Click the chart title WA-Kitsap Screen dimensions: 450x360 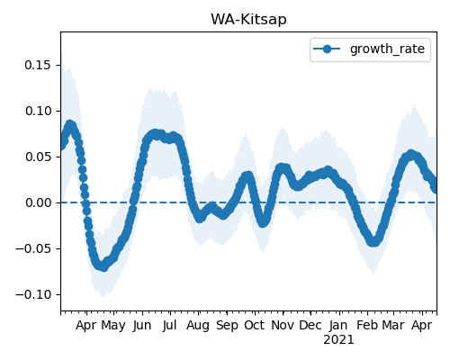point(248,20)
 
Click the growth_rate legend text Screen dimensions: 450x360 point(387,49)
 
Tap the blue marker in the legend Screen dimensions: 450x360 point(327,49)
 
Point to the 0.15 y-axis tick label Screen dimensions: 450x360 point(38,65)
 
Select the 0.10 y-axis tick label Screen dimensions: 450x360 point(38,111)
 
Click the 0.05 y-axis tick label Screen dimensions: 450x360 point(38,157)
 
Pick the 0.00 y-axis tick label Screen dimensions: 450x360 point(38,202)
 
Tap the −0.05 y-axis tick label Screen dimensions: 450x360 point(33,248)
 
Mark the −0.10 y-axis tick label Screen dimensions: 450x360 point(33,294)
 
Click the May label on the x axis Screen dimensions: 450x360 point(113,326)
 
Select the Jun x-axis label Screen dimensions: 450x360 point(142,326)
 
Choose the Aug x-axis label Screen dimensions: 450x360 point(198,326)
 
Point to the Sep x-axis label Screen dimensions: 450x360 point(227,326)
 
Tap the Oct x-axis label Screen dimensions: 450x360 point(255,326)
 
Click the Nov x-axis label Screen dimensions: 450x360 point(283,326)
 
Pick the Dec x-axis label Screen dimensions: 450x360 point(310,326)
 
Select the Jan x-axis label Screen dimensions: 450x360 point(338,326)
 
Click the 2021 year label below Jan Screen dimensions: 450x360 point(338,340)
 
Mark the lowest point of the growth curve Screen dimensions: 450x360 point(103,267)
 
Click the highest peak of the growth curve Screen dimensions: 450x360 point(70,124)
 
